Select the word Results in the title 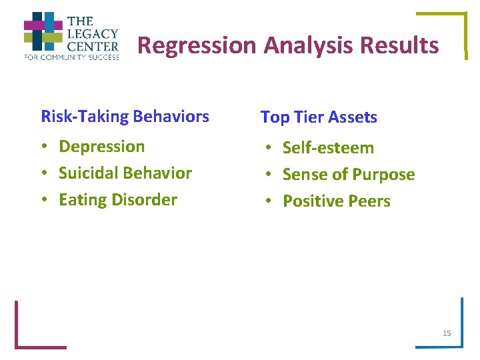click(399, 46)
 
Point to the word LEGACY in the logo click(92, 33)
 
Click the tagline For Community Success click(71, 58)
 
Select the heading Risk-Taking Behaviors click(125, 117)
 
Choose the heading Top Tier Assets click(319, 117)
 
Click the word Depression click(101, 146)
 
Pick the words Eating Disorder click(118, 200)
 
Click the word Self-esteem click(328, 147)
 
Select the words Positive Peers click(337, 201)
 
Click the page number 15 click(447, 333)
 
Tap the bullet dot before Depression click(45, 147)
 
